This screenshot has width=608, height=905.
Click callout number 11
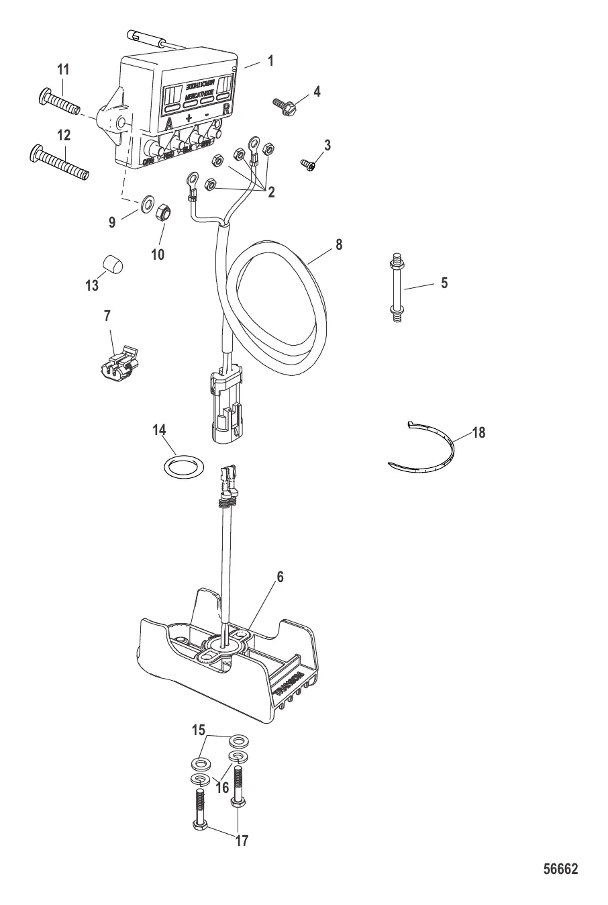pyautogui.click(x=63, y=69)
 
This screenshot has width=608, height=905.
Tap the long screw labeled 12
pyautogui.click(x=60, y=164)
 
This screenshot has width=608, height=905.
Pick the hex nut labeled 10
pyautogui.click(x=163, y=215)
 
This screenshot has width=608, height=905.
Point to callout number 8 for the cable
pyautogui.click(x=339, y=245)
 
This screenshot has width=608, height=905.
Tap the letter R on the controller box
pyautogui.click(x=227, y=109)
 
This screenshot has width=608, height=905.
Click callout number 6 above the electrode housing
pyautogui.click(x=281, y=577)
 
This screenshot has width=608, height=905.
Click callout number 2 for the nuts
pyautogui.click(x=271, y=193)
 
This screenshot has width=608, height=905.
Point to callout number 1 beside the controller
pyautogui.click(x=270, y=60)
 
